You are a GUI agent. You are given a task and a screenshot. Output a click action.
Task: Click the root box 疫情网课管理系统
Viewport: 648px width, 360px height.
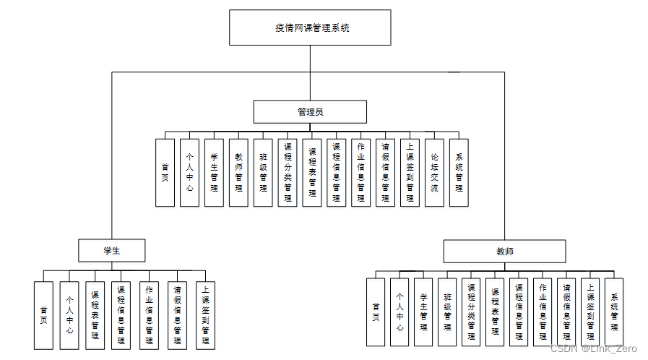[x=310, y=27]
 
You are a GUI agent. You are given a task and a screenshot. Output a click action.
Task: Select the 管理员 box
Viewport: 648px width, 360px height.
[x=310, y=112]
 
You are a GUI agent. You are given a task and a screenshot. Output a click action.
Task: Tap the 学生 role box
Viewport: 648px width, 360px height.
[x=112, y=250]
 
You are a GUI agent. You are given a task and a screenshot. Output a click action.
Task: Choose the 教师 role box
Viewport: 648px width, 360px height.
[x=504, y=251]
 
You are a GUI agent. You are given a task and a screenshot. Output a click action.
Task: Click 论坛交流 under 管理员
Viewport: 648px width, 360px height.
[x=434, y=173]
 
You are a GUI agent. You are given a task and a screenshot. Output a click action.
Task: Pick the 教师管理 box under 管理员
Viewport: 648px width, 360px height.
[x=238, y=173]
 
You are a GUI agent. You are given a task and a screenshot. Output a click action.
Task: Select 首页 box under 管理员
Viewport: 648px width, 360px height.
[x=165, y=173]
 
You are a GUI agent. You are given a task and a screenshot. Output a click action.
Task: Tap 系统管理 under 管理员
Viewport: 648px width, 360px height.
[x=459, y=173]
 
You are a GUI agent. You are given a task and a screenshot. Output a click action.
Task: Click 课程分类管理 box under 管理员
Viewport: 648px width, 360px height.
[x=288, y=173]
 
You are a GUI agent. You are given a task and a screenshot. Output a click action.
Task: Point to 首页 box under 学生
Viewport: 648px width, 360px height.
[x=43, y=315]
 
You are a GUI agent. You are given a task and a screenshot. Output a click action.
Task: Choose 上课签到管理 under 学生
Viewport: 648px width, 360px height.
[x=205, y=315]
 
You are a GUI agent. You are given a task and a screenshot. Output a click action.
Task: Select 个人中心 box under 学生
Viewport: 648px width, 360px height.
[x=69, y=315]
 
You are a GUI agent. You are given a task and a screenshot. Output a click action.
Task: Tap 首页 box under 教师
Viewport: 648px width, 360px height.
[x=375, y=312]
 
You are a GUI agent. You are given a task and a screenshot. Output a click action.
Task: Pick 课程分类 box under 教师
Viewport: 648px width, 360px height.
[x=471, y=312]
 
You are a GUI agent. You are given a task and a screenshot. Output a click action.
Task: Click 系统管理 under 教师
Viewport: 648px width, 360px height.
[x=613, y=312]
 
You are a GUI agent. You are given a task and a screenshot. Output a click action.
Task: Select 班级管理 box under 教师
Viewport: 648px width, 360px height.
[x=447, y=312]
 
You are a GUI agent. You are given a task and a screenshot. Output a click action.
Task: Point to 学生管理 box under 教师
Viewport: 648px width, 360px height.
[x=423, y=312]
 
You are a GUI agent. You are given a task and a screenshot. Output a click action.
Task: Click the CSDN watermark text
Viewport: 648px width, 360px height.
[x=593, y=348]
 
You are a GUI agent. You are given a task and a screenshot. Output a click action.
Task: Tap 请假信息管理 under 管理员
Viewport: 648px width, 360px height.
[x=385, y=173]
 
